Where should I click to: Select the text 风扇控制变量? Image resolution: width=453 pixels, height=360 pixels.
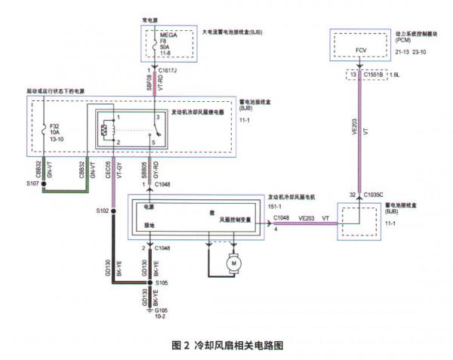pos(239,221)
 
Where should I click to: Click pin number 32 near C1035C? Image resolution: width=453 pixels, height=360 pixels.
pos(352,194)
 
